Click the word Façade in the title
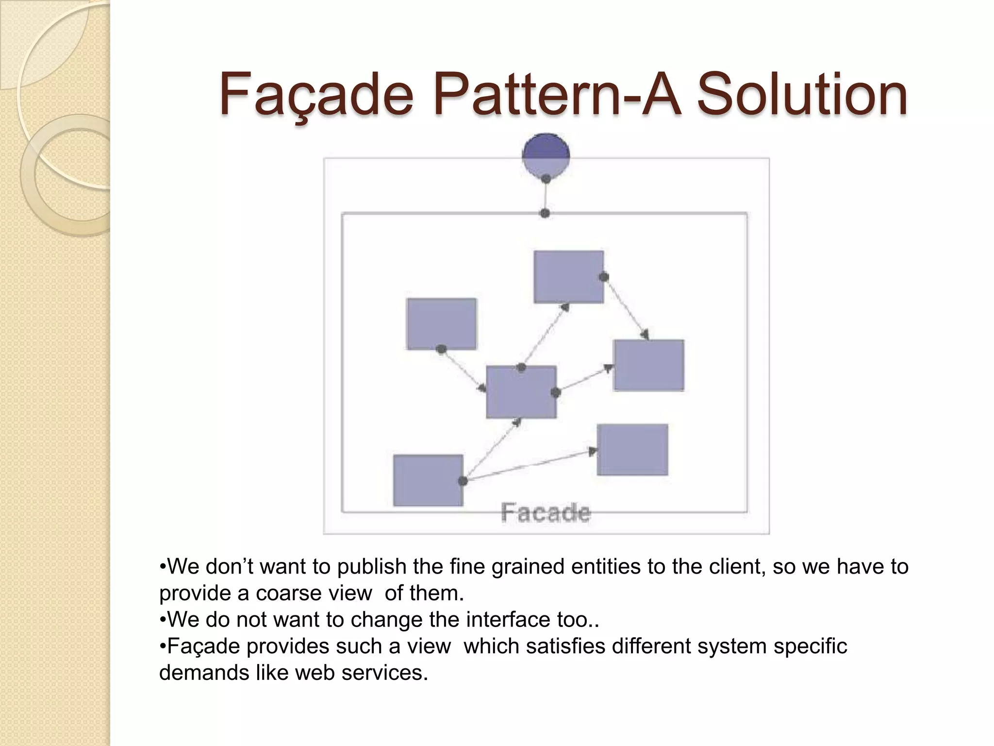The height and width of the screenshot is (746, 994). tap(316, 95)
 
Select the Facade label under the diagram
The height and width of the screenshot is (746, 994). tap(546, 513)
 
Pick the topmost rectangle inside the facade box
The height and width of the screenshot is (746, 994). tap(568, 277)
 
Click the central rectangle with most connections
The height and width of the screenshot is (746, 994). tap(521, 392)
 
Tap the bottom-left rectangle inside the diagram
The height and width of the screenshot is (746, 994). tap(428, 480)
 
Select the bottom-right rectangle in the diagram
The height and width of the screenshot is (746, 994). tap(632, 450)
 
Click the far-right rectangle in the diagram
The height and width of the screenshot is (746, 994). tap(648, 365)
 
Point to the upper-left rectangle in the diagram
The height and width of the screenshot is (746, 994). tap(441, 323)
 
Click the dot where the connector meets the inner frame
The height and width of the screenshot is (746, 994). tap(545, 213)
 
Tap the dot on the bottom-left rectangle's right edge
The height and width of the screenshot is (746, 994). tap(463, 481)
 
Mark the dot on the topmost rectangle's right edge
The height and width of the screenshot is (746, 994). tap(604, 277)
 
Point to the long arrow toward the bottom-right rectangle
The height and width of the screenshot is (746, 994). tap(529, 466)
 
